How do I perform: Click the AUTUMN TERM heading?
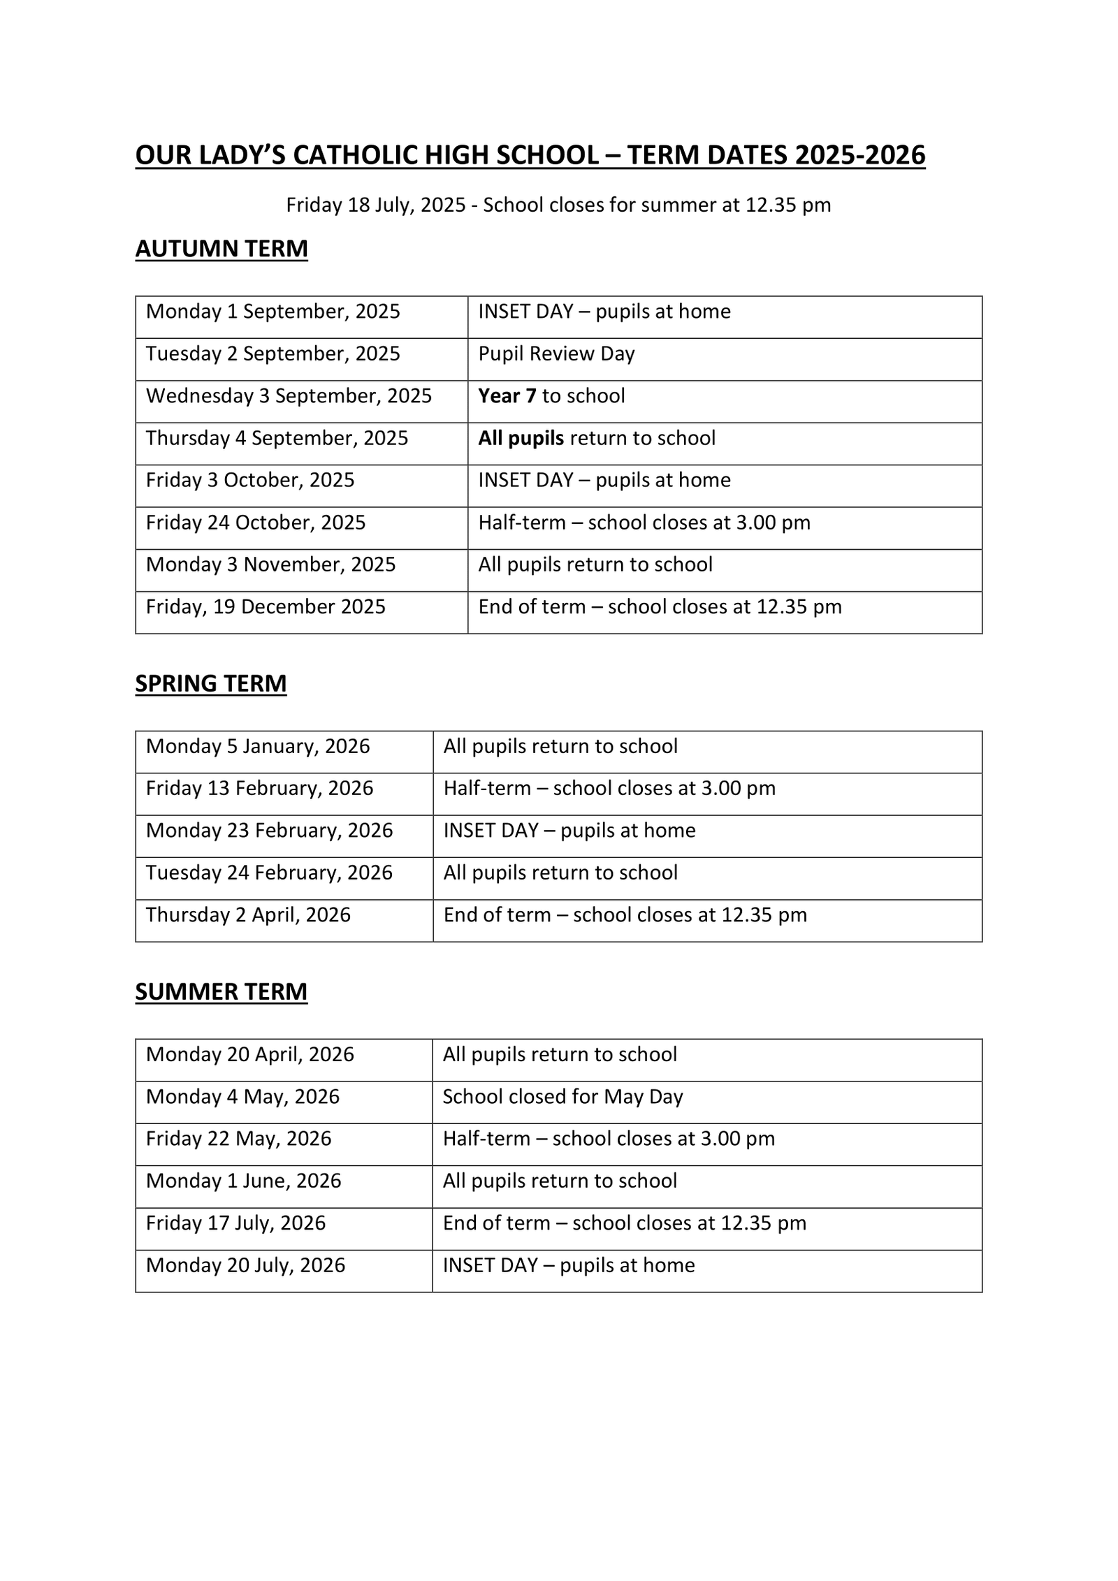(x=222, y=249)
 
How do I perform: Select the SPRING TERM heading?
(x=211, y=683)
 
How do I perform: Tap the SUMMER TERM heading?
(x=222, y=991)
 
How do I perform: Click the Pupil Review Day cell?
(x=556, y=354)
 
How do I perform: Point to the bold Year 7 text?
(x=507, y=396)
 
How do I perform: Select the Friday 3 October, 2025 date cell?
(x=250, y=481)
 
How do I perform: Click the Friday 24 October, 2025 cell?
(x=256, y=523)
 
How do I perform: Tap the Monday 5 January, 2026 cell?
(x=258, y=747)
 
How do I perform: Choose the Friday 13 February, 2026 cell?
(x=260, y=789)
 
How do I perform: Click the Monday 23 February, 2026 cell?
(x=270, y=831)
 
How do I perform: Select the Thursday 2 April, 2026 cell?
(x=248, y=915)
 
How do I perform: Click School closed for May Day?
(x=562, y=1097)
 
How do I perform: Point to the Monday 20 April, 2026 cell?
(x=250, y=1055)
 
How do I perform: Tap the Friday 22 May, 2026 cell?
(x=239, y=1139)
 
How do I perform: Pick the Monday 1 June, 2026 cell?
(x=244, y=1181)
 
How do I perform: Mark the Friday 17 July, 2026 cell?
(x=236, y=1223)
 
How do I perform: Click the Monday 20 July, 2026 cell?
(x=246, y=1265)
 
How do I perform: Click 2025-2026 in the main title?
(x=859, y=155)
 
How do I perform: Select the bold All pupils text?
(x=521, y=439)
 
